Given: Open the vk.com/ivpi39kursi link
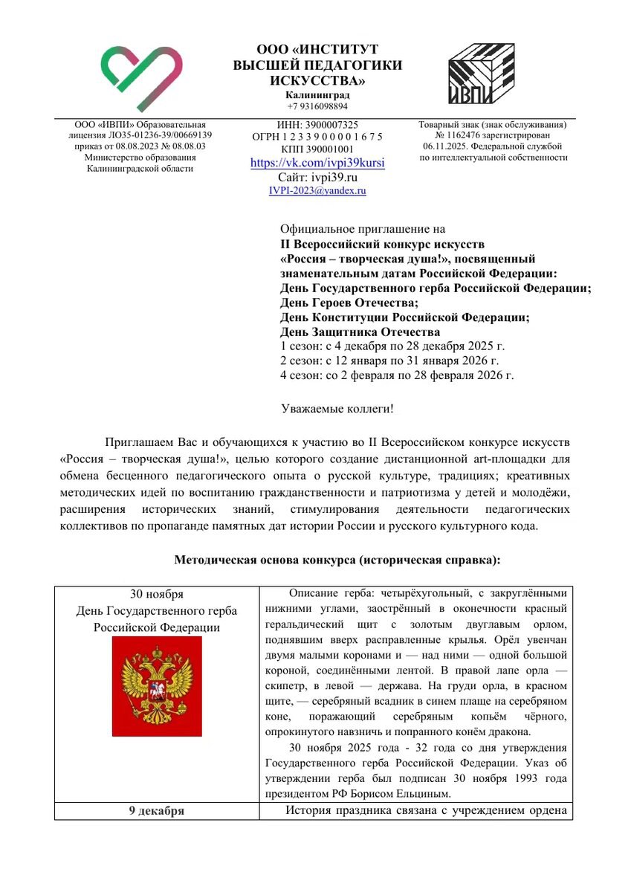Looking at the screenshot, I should tap(317, 163).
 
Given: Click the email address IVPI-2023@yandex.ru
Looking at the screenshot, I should tap(317, 190).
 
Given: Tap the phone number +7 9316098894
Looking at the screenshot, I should tap(317, 106).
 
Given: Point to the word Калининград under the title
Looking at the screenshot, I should tap(317, 95).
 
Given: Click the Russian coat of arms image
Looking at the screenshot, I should tap(157, 686).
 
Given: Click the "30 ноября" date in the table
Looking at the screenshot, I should tap(157, 594).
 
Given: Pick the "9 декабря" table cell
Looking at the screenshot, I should tap(157, 810).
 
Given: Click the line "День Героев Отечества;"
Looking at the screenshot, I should tap(349, 303).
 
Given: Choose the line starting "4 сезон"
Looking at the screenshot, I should tap(397, 375).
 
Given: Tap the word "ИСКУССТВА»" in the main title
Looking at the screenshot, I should tap(317, 80).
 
